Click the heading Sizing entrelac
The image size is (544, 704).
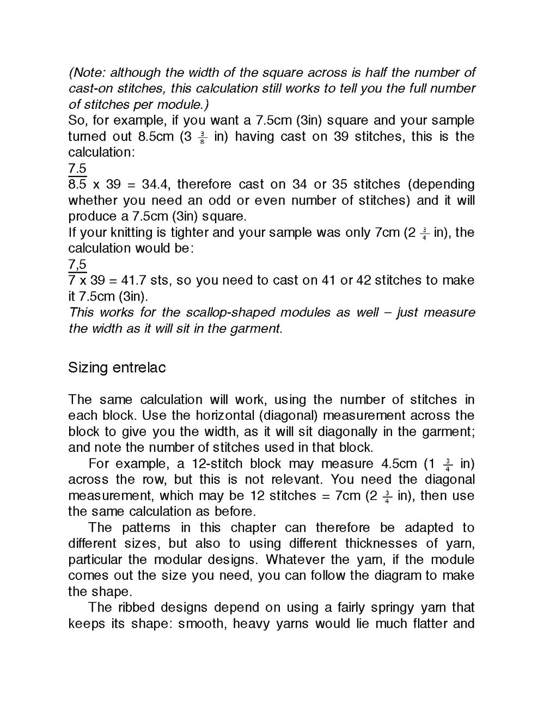(x=117, y=368)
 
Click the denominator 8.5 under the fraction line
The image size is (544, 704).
(x=77, y=185)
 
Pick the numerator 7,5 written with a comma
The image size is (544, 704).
(x=77, y=265)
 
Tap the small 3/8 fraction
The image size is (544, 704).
(x=202, y=137)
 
